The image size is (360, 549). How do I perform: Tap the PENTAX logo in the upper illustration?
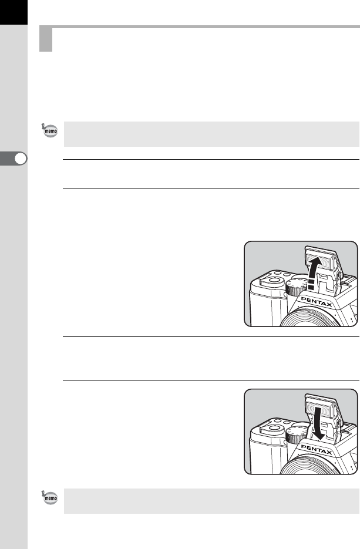(316, 302)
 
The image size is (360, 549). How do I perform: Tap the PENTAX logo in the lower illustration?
(316, 450)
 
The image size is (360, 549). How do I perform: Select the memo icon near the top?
(50, 130)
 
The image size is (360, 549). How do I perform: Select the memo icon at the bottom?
(50, 497)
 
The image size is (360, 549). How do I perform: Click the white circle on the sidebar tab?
(21, 159)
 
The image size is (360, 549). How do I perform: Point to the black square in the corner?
(14, 12)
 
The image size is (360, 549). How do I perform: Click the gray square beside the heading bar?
(46, 39)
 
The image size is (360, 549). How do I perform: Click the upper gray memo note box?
(211, 134)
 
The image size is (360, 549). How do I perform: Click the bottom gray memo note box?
(211, 501)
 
